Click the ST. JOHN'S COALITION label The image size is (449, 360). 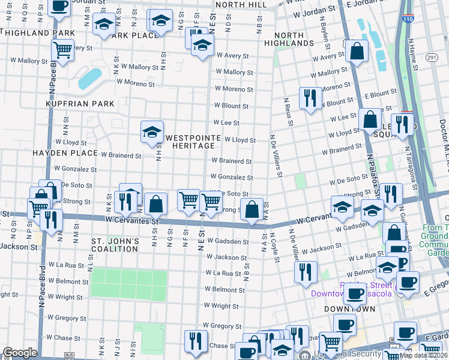(115, 245)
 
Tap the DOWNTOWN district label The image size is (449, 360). (349, 309)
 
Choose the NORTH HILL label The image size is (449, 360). (241, 4)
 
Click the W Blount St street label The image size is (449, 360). (231, 106)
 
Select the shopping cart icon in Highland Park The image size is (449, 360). (62, 49)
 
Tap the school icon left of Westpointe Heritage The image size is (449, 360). (152, 131)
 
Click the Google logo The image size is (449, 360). (20, 353)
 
